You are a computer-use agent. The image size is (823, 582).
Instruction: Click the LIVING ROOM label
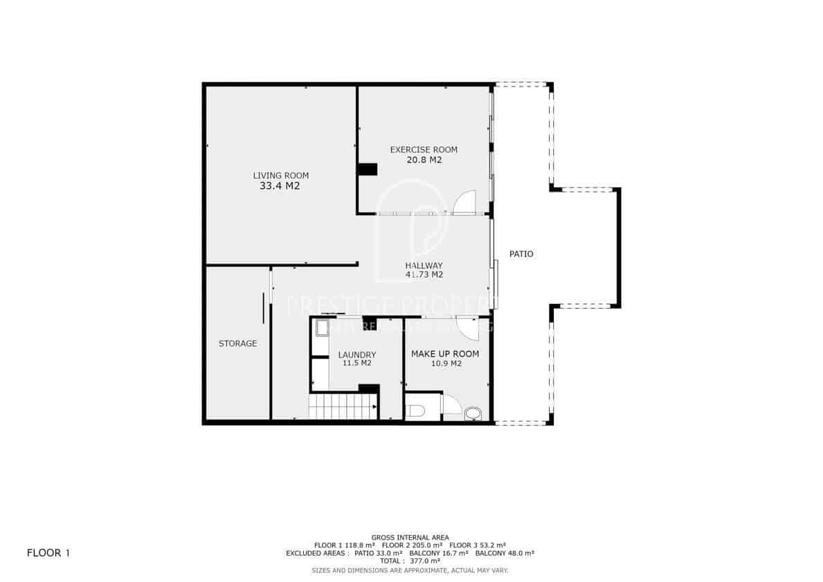point(280,175)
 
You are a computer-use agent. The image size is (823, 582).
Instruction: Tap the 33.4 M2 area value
point(280,186)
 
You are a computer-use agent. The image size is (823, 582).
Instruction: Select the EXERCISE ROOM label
point(424,149)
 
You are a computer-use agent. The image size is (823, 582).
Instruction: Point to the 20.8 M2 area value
point(424,160)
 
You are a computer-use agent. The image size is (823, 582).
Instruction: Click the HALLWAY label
point(424,265)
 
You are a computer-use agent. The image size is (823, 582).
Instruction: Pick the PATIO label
point(521,254)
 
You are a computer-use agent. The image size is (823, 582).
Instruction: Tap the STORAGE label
point(237,343)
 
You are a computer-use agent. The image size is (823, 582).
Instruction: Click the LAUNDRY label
point(356,354)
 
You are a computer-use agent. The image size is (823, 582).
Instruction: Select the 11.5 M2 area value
point(356,363)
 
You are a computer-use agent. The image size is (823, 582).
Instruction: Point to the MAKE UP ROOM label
point(445,354)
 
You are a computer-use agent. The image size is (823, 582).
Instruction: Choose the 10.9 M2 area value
point(446,363)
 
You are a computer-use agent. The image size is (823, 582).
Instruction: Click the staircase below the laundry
point(343,407)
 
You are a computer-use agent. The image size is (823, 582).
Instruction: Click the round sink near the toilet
point(473,413)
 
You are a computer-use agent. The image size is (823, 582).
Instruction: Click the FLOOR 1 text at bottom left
point(48,553)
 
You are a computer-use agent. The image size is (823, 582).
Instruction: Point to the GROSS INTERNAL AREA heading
point(410,537)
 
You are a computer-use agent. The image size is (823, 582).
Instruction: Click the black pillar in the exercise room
point(367,170)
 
